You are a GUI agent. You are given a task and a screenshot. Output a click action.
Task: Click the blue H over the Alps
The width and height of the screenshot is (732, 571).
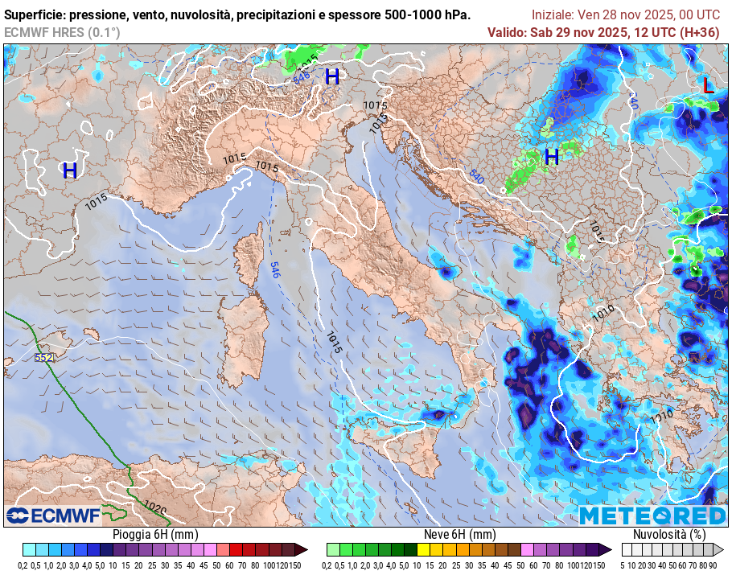point(332,77)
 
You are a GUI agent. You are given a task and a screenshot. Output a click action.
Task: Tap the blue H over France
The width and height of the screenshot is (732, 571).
point(70,170)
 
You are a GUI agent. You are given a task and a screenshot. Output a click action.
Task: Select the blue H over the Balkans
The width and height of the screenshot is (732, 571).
point(551,157)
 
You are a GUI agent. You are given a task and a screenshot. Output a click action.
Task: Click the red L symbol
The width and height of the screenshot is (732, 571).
point(707,85)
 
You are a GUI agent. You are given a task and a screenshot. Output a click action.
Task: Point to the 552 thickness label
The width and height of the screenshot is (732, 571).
point(44,357)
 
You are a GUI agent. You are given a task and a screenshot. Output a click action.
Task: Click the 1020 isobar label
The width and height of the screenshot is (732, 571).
point(156,507)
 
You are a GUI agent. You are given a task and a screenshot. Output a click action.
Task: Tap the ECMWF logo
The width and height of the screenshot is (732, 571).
point(53,515)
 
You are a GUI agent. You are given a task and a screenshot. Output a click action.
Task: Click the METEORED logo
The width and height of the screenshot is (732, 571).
point(652,516)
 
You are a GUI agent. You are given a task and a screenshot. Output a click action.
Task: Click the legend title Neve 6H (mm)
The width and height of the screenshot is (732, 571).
point(459,534)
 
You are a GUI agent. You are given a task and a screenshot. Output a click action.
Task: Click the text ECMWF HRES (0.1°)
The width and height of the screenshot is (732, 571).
point(62,32)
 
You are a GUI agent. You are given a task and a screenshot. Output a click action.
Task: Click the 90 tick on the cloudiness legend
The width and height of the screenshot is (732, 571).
point(713,565)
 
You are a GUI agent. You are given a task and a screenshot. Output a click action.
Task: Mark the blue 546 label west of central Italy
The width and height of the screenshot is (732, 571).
point(275,270)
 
